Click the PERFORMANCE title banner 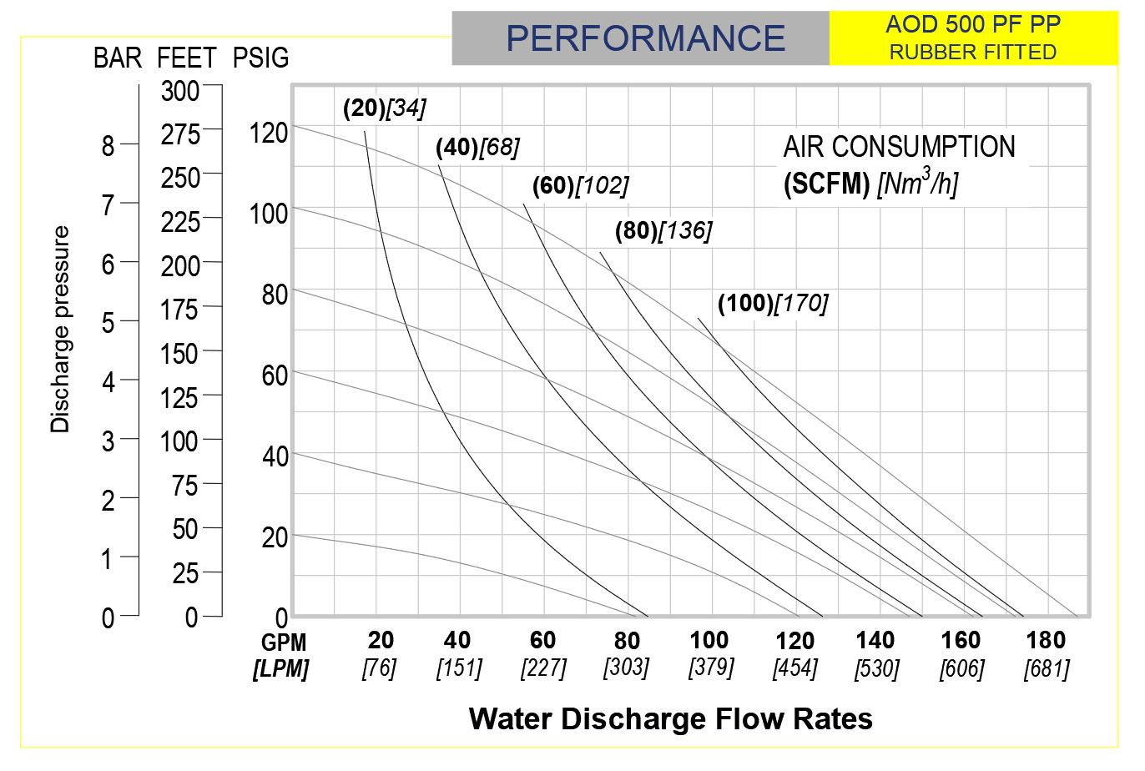pos(644,38)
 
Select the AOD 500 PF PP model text pos(972,24)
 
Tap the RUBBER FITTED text pos(972,52)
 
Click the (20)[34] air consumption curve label pos(384,108)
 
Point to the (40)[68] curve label pos(477,148)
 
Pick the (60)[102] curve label pos(581,185)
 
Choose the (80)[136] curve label pos(663,230)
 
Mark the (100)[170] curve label pos(773,303)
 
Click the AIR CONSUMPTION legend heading pos(899,148)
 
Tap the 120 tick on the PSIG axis pos(268,133)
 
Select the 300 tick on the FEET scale pos(180,90)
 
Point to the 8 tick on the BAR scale pos(108,146)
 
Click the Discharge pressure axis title pos(60,329)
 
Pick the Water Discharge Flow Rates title pos(670,718)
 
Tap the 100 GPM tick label pos(709,640)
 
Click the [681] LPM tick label pos(1047,668)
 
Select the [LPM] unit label pos(281,668)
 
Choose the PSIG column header pos(260,58)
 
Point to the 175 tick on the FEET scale pos(180,310)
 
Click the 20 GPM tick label pos(381,640)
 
